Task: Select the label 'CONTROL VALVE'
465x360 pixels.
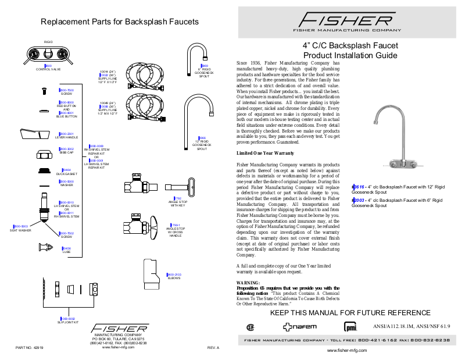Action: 48,69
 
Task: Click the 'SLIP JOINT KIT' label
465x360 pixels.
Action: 67,322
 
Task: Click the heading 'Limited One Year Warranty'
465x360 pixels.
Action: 265,153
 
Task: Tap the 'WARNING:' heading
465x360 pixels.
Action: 248,283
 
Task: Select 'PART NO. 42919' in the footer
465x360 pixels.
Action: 30,348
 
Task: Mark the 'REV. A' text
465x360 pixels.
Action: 213,348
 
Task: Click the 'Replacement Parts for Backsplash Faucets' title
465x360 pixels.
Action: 120,22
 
